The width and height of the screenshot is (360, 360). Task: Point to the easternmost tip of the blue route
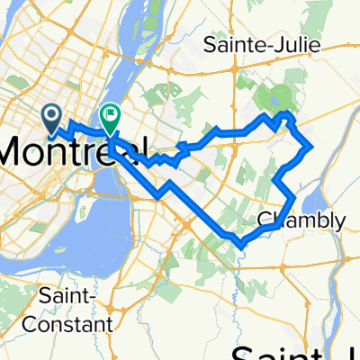[311, 146]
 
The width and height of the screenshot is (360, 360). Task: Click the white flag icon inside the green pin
[111, 113]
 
